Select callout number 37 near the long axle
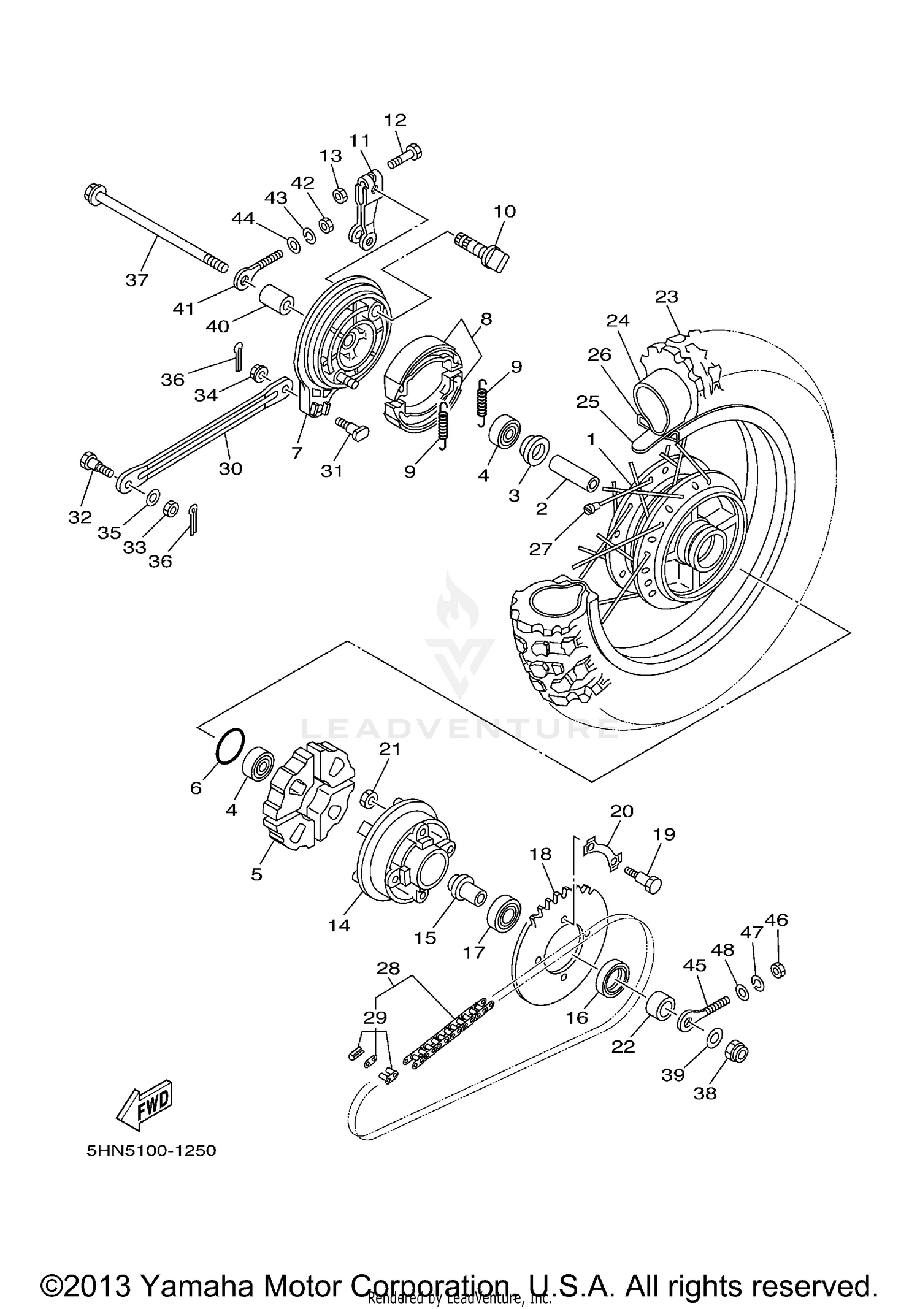[137, 280]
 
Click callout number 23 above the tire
[666, 296]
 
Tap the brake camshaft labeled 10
[485, 250]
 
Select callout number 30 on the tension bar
[231, 468]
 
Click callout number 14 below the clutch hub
[339, 926]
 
